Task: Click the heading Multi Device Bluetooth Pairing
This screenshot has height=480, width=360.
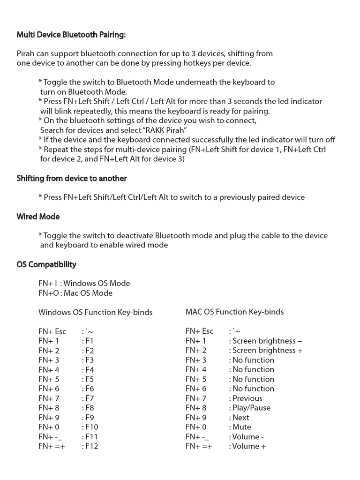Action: click(x=71, y=35)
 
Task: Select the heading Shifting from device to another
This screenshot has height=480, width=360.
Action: click(x=72, y=178)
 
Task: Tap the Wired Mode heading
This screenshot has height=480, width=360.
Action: click(x=38, y=217)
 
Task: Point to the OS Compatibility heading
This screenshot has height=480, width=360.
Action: click(x=46, y=264)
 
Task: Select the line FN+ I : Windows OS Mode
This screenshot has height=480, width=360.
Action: click(x=84, y=283)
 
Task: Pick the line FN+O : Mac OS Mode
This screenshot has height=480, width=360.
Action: click(x=75, y=293)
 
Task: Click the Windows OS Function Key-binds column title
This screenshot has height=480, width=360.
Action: click(x=95, y=312)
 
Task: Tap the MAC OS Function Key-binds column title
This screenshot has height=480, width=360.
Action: click(x=234, y=312)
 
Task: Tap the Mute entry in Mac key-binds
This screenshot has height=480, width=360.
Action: click(x=241, y=427)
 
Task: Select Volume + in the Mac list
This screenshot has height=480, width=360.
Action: click(x=249, y=446)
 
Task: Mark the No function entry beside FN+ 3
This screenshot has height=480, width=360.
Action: click(x=253, y=360)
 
